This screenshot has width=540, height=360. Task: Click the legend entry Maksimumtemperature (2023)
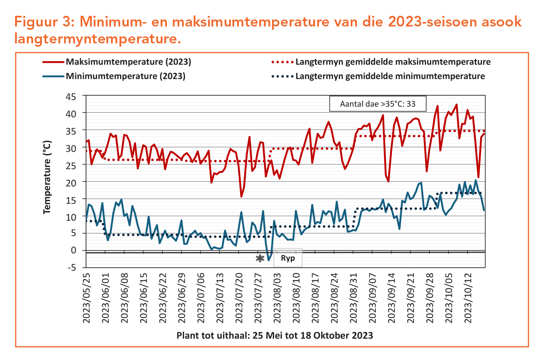128,62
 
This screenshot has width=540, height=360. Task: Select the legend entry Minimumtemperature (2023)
125,76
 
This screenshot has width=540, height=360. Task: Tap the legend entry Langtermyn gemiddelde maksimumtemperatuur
393,62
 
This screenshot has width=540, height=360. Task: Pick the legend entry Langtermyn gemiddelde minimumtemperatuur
390,76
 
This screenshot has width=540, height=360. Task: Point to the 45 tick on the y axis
71,97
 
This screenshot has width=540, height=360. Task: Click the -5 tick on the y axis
72,267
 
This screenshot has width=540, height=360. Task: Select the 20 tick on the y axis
71,182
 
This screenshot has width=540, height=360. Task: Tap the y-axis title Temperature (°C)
47,177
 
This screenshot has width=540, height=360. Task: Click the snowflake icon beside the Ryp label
260,259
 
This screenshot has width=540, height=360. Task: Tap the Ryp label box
288,258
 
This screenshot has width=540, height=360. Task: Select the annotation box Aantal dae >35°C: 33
378,104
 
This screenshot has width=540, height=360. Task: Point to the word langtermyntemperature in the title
97,38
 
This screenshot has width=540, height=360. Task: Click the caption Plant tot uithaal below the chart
275,335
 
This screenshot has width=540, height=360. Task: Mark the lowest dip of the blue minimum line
269,260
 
